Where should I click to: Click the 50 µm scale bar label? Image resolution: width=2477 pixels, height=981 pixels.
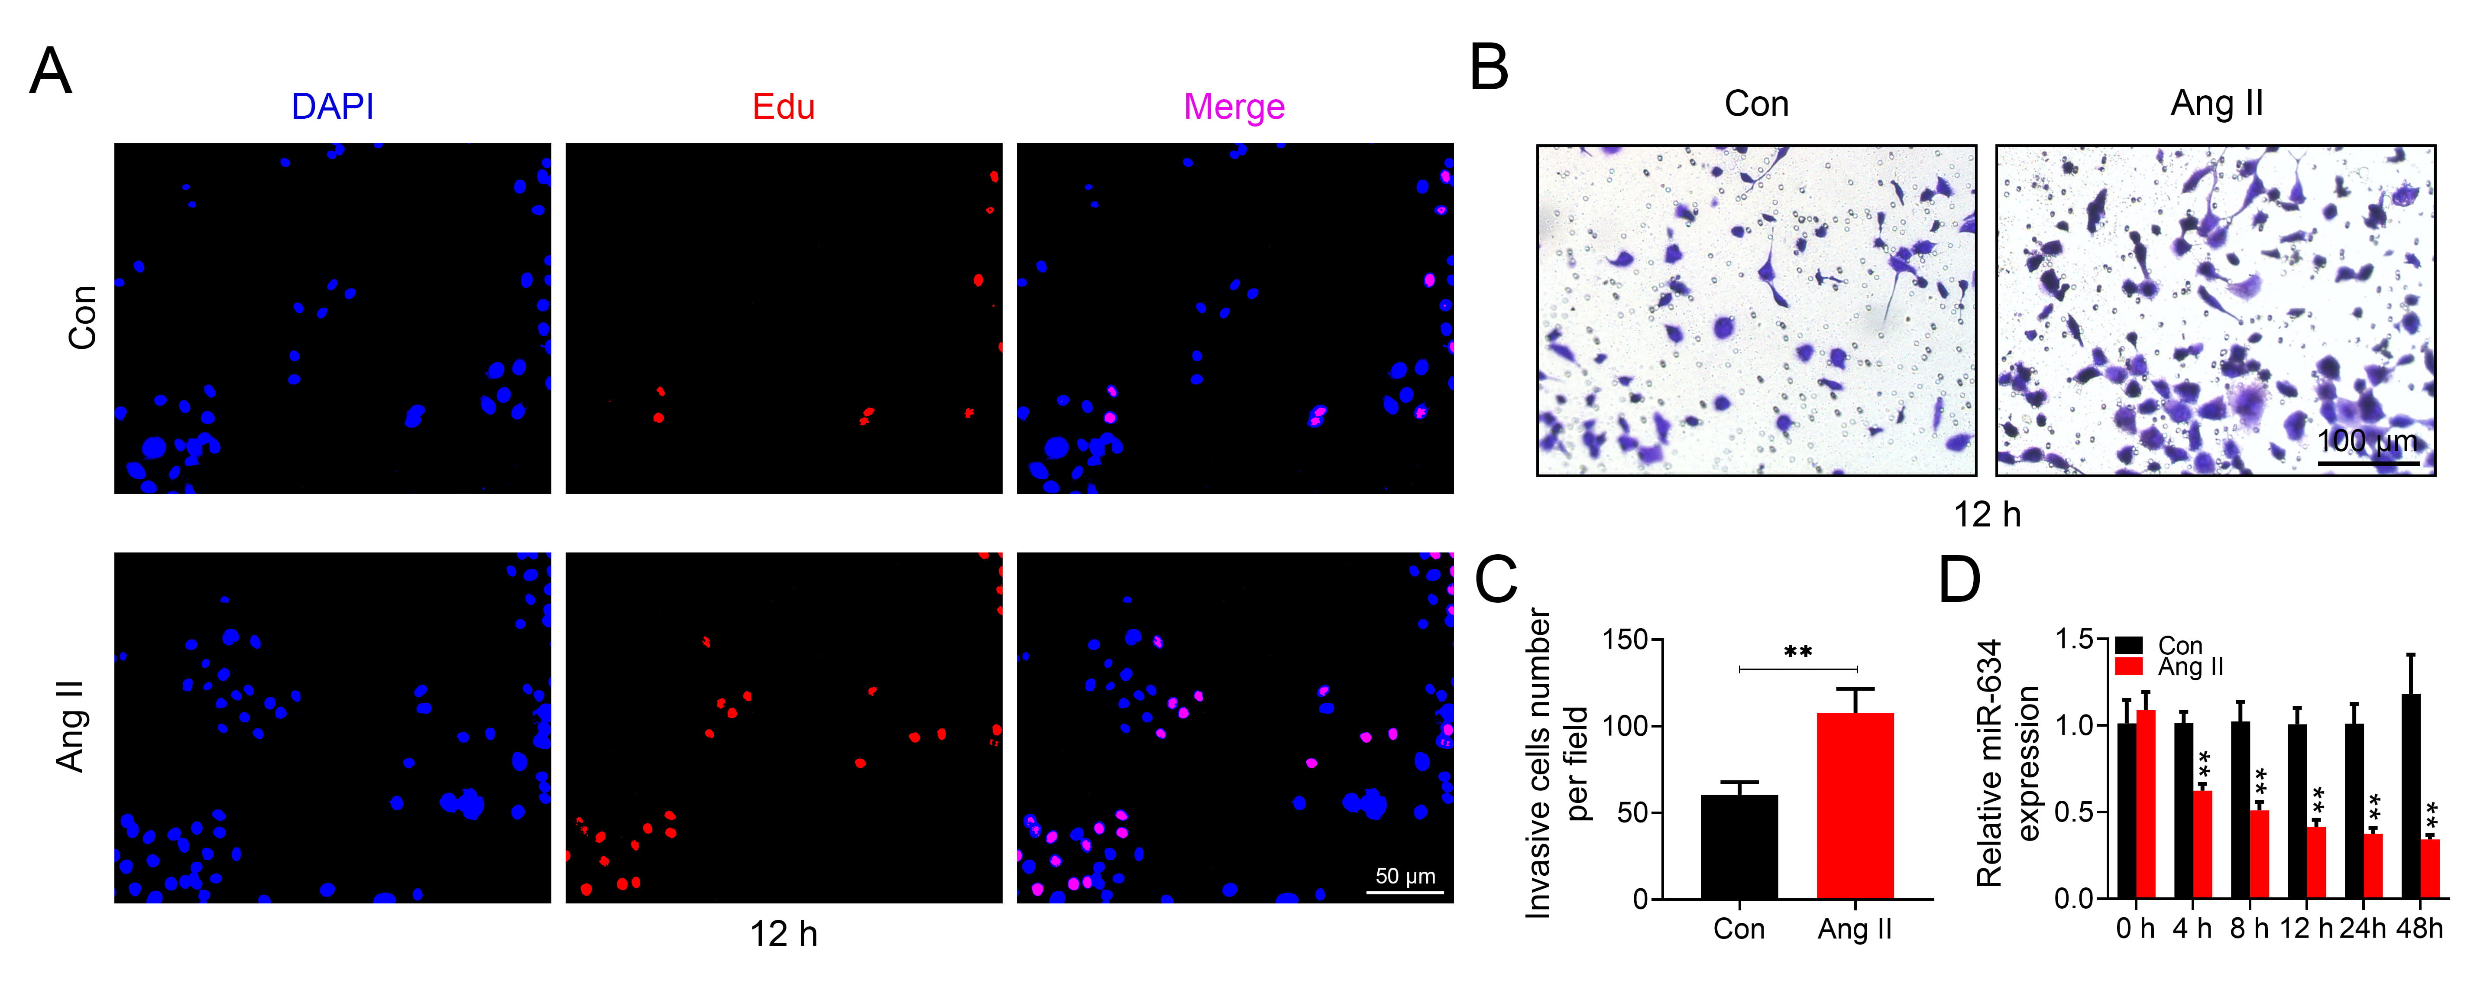[x=1405, y=876]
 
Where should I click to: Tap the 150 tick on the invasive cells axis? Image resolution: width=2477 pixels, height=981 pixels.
[x=1625, y=640]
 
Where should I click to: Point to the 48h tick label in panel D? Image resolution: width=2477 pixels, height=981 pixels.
[x=2419, y=929]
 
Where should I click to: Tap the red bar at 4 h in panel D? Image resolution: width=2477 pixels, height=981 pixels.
[x=2202, y=845]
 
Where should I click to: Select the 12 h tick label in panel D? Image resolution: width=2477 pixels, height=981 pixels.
[x=2306, y=929]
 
